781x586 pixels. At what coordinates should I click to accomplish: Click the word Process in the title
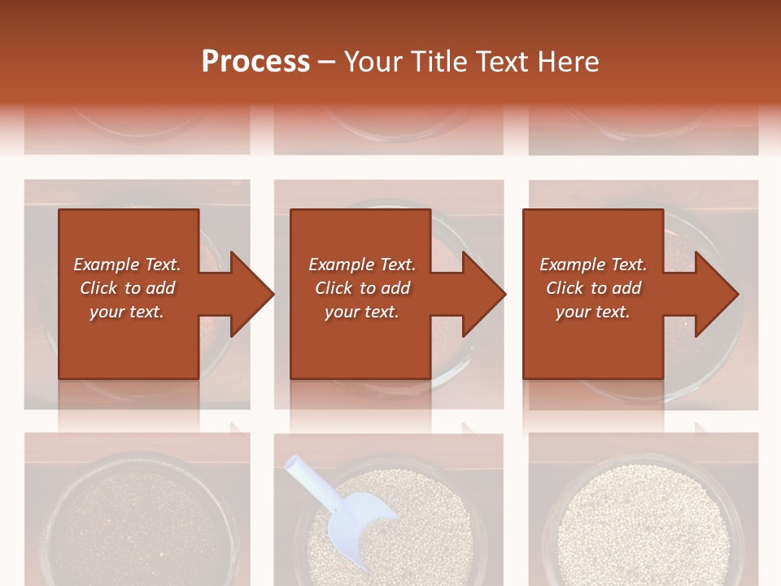click(255, 62)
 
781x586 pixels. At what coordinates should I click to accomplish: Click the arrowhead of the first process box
click(252, 294)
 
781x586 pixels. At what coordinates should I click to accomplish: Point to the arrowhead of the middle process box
click(484, 294)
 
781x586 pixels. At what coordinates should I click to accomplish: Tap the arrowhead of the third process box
click(717, 294)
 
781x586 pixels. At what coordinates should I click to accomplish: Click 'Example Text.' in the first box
click(127, 265)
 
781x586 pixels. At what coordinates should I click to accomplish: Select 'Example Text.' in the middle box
click(362, 265)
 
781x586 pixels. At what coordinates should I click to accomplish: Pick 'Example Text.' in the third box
click(593, 265)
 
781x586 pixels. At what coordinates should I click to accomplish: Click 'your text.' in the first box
click(127, 312)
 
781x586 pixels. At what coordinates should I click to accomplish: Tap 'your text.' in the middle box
click(362, 312)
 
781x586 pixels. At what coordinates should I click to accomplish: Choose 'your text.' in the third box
click(593, 312)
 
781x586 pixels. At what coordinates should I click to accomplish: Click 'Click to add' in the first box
click(127, 288)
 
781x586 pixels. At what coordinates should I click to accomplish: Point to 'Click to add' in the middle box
click(362, 288)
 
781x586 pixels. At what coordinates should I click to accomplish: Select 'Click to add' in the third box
click(593, 288)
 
